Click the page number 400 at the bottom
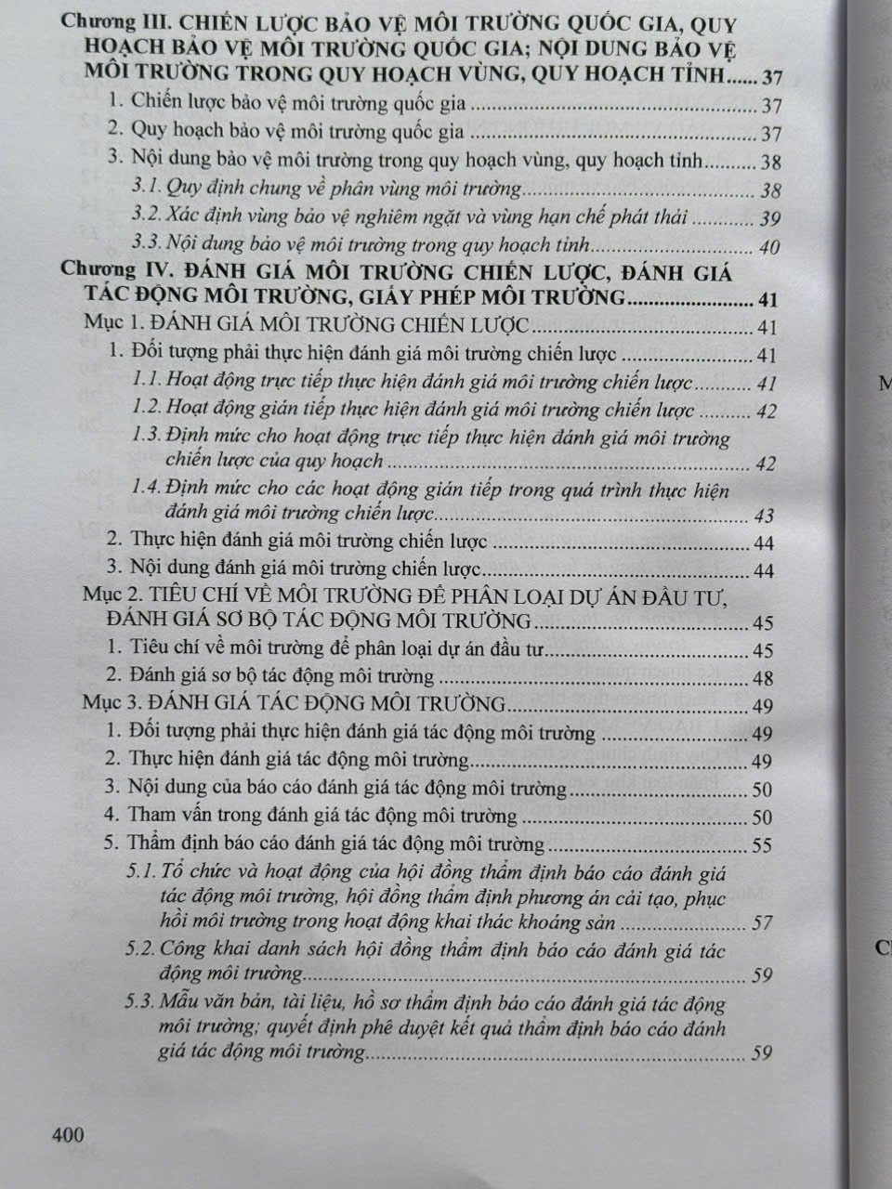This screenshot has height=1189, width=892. [69, 1134]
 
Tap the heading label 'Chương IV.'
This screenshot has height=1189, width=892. [98, 272]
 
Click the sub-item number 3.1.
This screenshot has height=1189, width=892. [148, 189]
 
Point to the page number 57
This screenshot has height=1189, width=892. [763, 923]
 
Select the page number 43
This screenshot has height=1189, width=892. [765, 516]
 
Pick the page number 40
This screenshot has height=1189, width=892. [768, 247]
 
